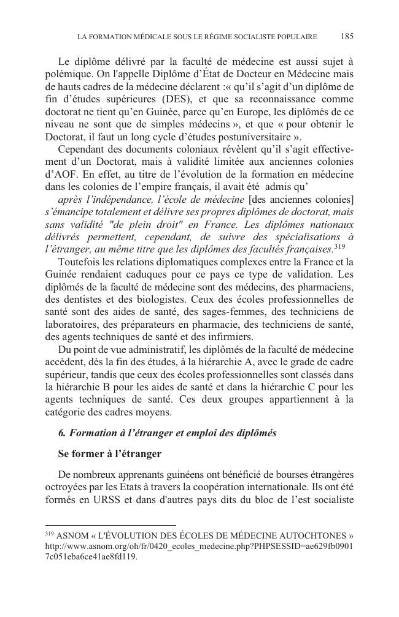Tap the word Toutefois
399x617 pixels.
click(80, 262)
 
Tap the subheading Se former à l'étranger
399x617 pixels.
click(109, 454)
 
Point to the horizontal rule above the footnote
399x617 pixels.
click(110, 525)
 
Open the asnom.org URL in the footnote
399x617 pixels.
click(199, 546)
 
